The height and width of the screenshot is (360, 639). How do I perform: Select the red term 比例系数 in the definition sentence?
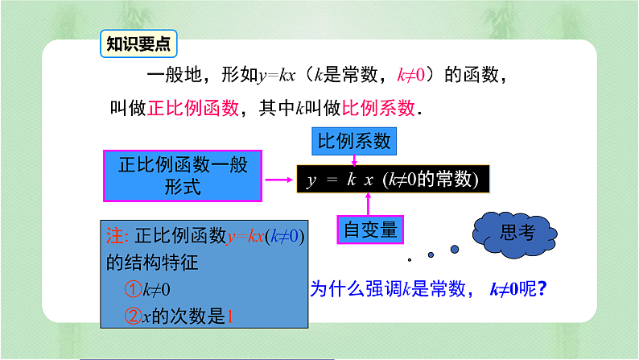pos(379,108)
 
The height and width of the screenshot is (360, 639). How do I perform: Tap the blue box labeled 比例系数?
pos(354,142)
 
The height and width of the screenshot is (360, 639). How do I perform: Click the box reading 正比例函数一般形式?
pos(183,176)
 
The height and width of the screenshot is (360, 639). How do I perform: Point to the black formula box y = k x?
pos(393,179)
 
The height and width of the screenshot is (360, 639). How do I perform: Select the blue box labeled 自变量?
pos(369,230)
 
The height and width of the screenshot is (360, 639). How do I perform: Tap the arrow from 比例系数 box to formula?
pos(352,161)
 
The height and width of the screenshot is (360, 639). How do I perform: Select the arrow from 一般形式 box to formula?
pos(279,179)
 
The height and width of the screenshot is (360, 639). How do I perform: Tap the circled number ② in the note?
pos(133,316)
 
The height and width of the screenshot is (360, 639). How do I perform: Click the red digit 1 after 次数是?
pos(232,316)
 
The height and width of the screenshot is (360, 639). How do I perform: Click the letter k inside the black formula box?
pos(352,180)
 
